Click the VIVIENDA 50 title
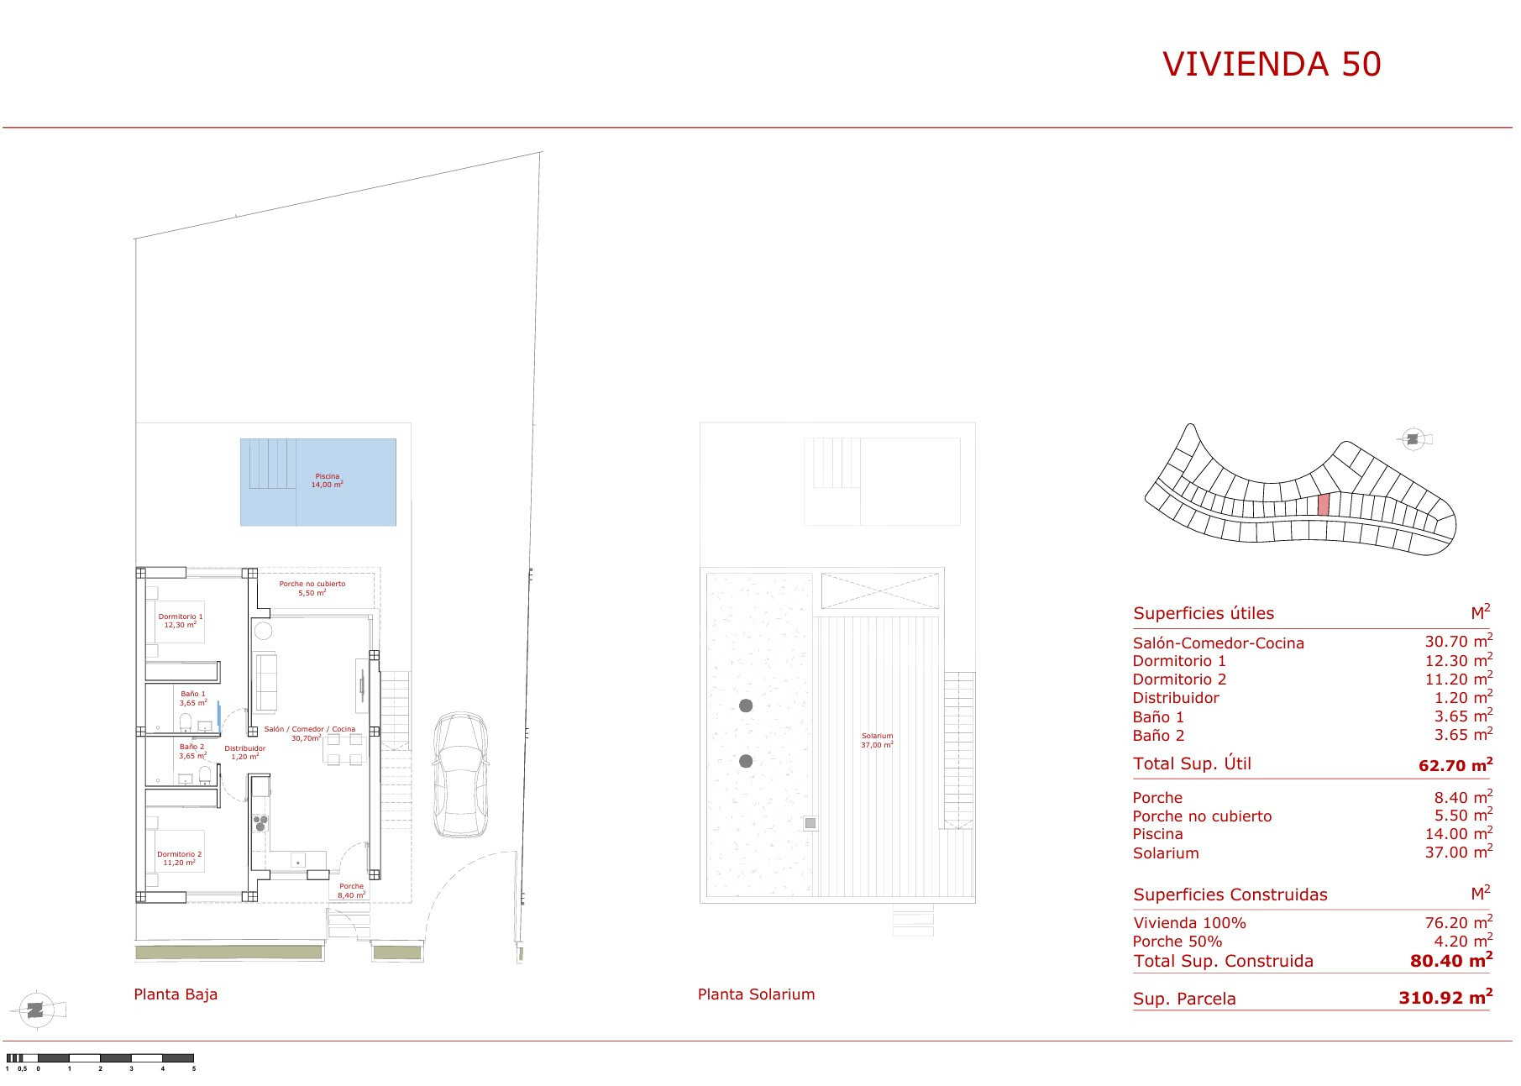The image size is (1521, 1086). click(1272, 64)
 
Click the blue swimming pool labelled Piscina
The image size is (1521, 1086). click(318, 482)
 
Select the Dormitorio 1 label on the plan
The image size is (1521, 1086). click(181, 621)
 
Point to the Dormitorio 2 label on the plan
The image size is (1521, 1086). click(179, 858)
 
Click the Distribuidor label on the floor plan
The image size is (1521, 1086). click(245, 753)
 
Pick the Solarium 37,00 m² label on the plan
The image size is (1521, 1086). click(877, 740)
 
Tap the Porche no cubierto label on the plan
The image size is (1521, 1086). click(312, 588)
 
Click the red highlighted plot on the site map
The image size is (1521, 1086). click(1324, 505)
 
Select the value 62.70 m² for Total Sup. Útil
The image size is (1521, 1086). click(1455, 764)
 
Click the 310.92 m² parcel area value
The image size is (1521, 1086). click(1445, 998)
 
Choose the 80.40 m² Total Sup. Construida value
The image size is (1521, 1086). click(1452, 960)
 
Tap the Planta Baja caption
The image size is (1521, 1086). click(176, 994)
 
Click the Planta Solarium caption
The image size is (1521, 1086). click(757, 994)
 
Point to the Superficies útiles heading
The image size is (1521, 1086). click(1204, 613)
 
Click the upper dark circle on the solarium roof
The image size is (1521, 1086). click(746, 706)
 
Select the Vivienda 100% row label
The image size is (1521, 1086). click(1189, 923)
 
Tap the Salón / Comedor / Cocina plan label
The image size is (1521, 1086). click(309, 733)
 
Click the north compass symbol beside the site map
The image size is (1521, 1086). click(1413, 439)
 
